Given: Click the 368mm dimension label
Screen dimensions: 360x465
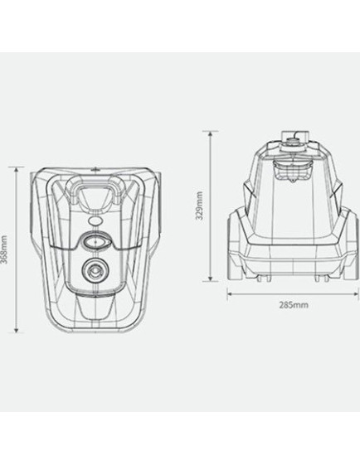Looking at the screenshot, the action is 4,249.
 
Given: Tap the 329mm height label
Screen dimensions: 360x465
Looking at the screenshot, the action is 200,206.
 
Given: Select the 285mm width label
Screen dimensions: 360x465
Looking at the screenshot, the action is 294,305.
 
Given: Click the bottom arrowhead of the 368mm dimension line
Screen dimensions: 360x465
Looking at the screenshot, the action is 17,330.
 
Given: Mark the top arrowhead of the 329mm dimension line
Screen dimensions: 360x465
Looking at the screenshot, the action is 210,133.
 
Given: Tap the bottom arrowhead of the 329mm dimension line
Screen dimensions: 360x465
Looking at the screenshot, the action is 210,279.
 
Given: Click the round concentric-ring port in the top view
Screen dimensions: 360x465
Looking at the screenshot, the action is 95,271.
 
